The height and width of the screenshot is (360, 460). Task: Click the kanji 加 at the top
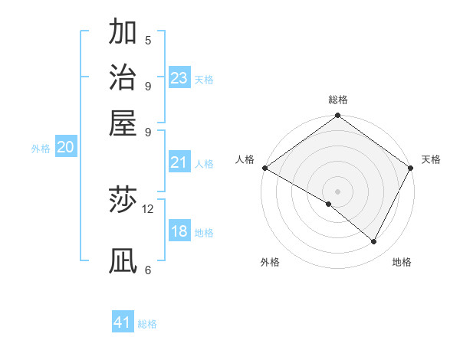click(x=123, y=31)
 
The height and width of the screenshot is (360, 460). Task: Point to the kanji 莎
click(x=123, y=201)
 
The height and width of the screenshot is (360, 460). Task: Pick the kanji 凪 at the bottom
click(x=123, y=261)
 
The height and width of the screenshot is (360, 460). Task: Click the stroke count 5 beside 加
click(x=148, y=40)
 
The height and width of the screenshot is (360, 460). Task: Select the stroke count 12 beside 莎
click(x=148, y=208)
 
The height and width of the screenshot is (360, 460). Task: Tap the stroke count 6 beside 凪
click(x=148, y=270)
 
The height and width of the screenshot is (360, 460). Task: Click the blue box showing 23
click(x=179, y=78)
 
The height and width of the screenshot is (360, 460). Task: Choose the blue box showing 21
click(x=179, y=162)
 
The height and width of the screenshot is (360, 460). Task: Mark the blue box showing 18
click(x=179, y=231)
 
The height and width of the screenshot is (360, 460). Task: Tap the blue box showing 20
click(x=65, y=148)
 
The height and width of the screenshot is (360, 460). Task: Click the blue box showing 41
click(x=123, y=322)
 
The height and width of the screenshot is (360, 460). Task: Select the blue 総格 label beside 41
click(x=147, y=324)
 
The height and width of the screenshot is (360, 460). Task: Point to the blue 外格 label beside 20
click(x=41, y=149)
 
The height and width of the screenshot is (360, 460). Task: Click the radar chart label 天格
click(x=431, y=159)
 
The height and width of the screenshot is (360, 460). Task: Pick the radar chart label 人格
click(x=245, y=159)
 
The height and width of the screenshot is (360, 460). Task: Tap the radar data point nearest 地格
click(x=374, y=242)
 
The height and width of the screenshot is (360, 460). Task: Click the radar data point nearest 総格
click(x=337, y=116)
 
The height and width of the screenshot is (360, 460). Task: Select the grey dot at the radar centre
click(x=337, y=191)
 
